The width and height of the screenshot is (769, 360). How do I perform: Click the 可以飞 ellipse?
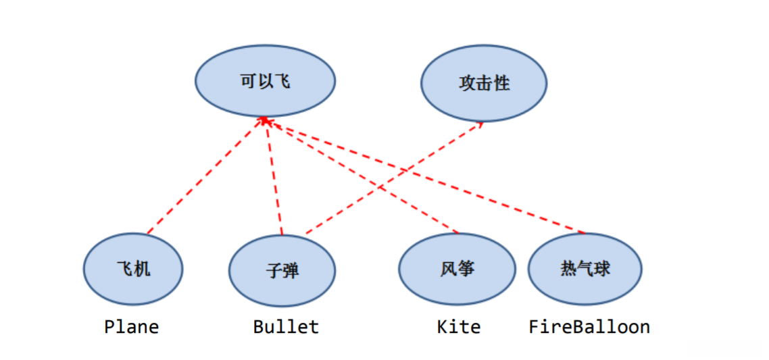click(265, 81)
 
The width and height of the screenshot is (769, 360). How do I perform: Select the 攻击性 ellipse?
click(484, 84)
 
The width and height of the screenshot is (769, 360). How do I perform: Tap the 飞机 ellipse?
click(134, 269)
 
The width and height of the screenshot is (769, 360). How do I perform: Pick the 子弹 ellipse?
click(282, 271)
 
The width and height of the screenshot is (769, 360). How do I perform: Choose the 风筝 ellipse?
click(457, 269)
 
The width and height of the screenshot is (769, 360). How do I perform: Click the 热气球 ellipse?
click(585, 268)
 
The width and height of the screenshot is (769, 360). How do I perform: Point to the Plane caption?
click(132, 327)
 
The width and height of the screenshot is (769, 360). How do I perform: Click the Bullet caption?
click(286, 327)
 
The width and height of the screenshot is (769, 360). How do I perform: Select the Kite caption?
click(459, 327)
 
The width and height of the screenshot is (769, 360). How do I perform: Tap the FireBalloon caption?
click(589, 327)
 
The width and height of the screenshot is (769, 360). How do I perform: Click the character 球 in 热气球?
click(603, 268)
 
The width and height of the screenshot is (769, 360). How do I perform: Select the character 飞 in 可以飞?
click(282, 81)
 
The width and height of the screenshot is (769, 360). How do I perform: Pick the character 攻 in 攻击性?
click(467, 84)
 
